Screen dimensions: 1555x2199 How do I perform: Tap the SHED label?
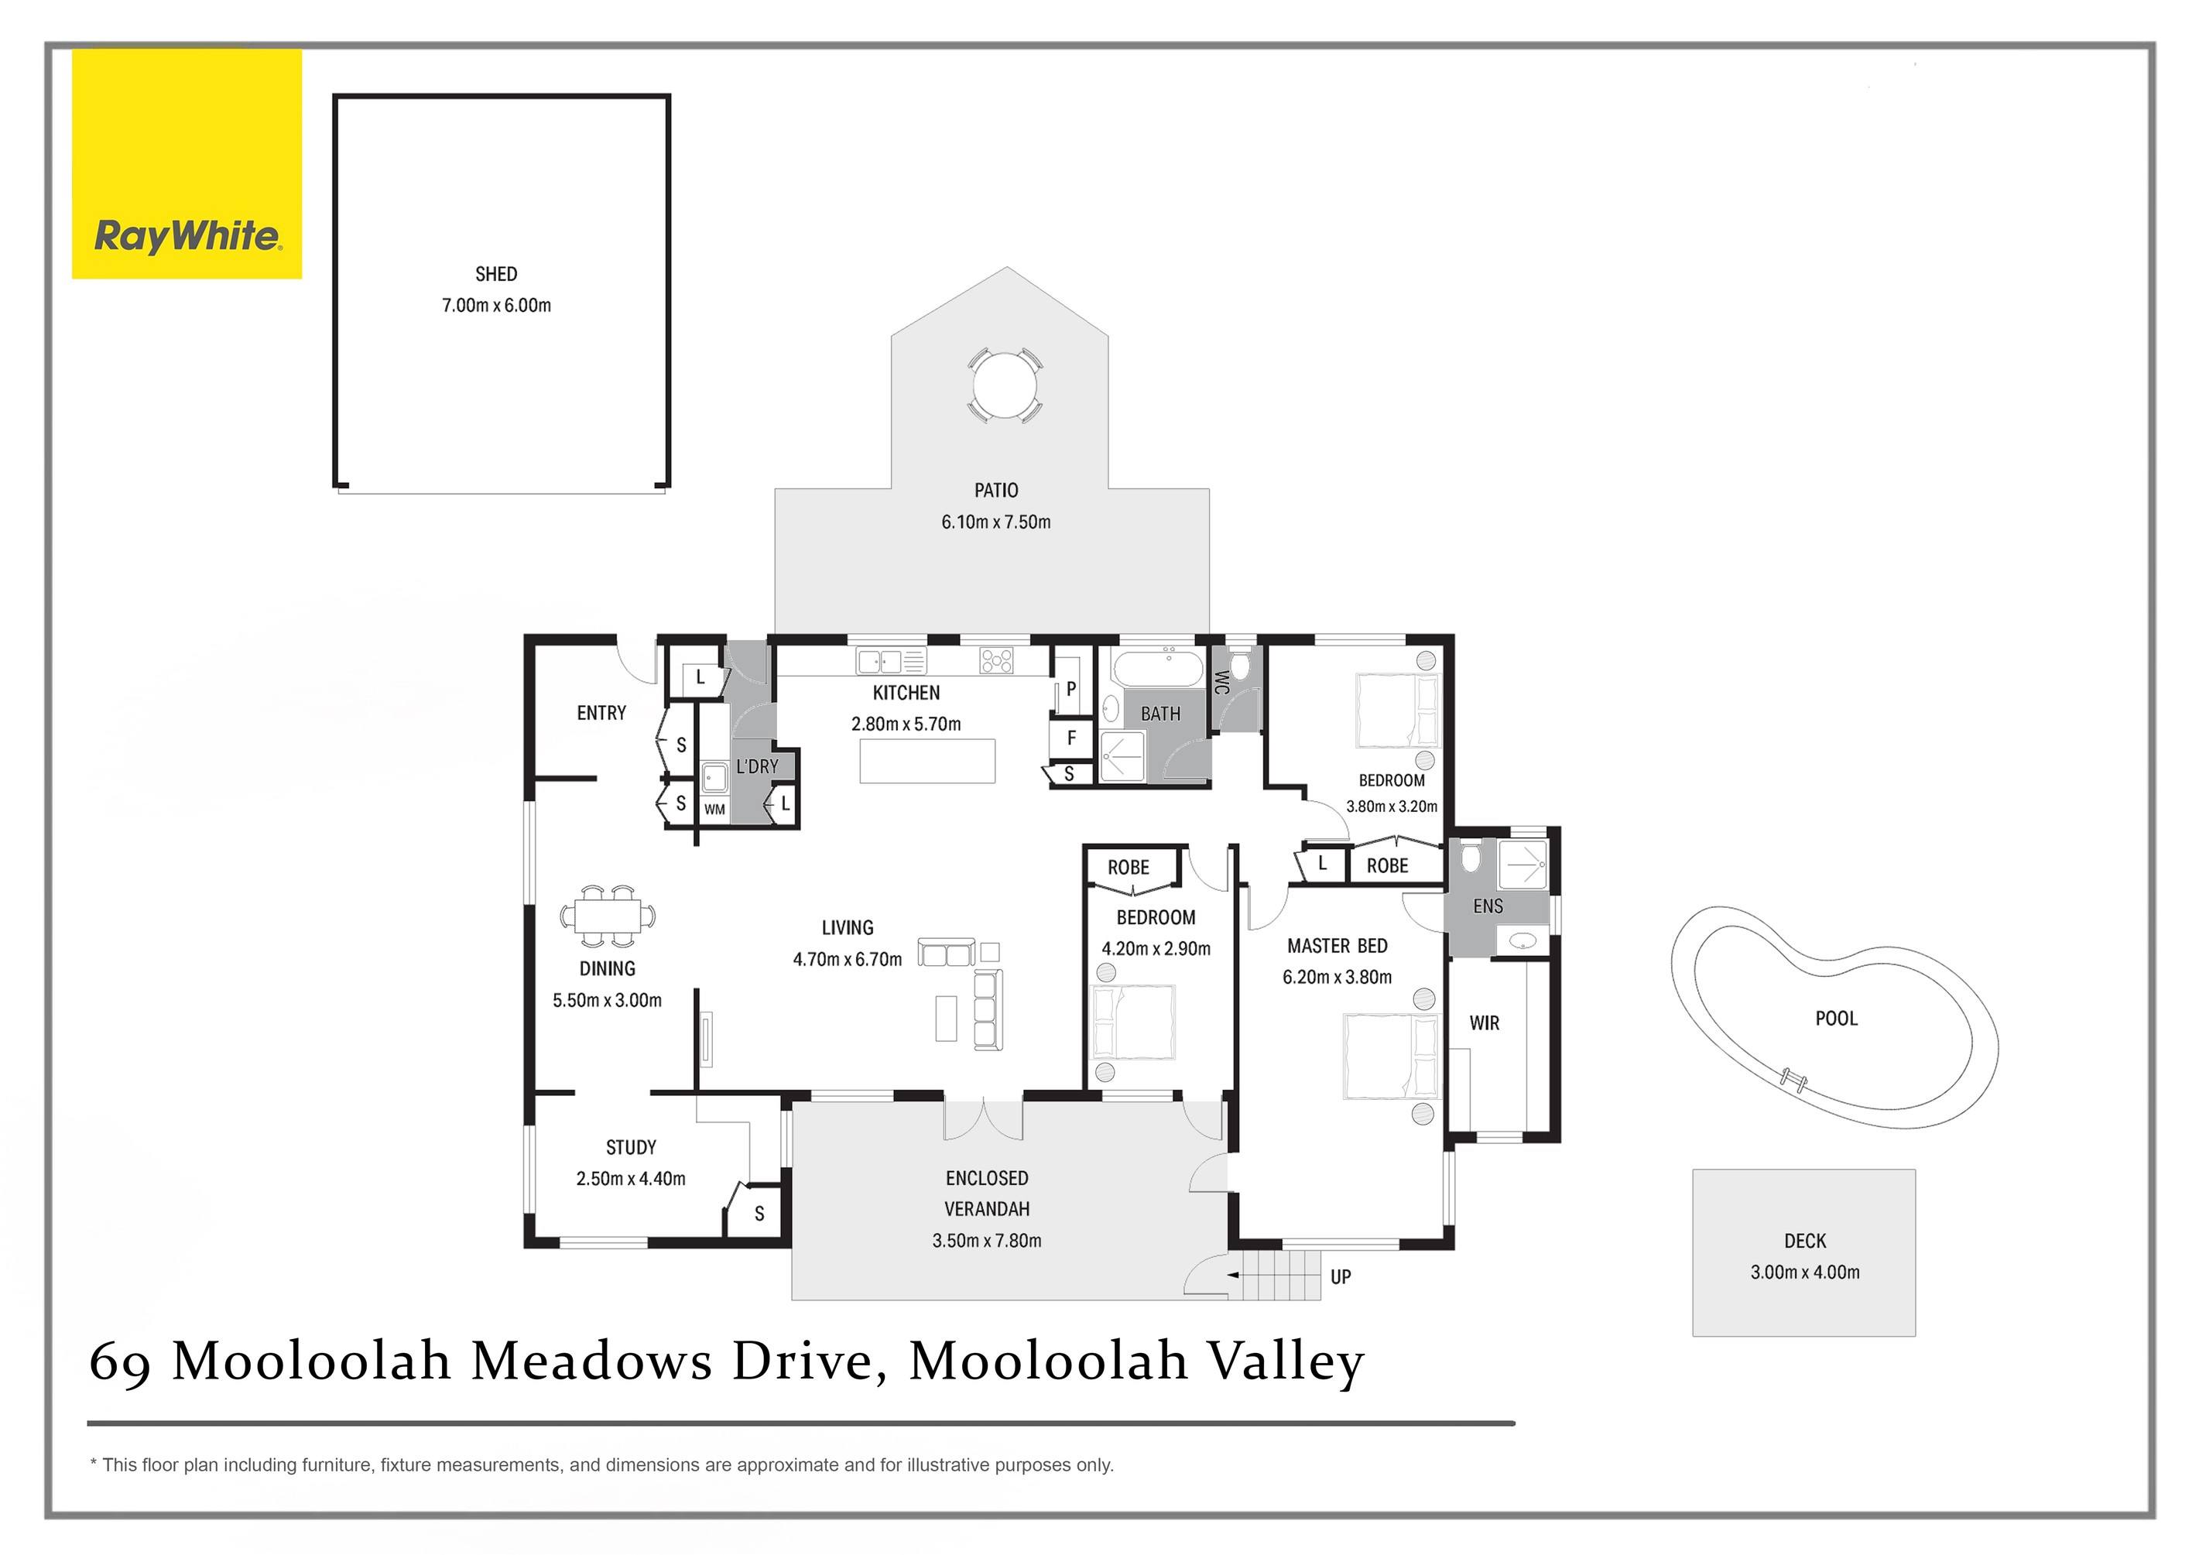tap(496, 275)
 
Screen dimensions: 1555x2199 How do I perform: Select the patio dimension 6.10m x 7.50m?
tap(996, 522)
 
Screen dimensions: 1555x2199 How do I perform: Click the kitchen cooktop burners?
tap(996, 661)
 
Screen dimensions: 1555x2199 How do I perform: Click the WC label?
tap(1221, 683)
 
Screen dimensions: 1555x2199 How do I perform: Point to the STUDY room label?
tap(631, 1148)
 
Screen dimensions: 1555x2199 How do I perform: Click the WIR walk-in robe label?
tap(1485, 1023)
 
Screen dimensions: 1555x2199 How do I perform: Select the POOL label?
tap(1836, 1019)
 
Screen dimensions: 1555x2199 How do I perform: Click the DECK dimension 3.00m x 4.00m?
tap(1805, 1272)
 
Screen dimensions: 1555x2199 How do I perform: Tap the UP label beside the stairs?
tap(1341, 1277)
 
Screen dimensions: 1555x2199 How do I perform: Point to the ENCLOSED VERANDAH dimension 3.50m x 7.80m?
tap(986, 1241)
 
